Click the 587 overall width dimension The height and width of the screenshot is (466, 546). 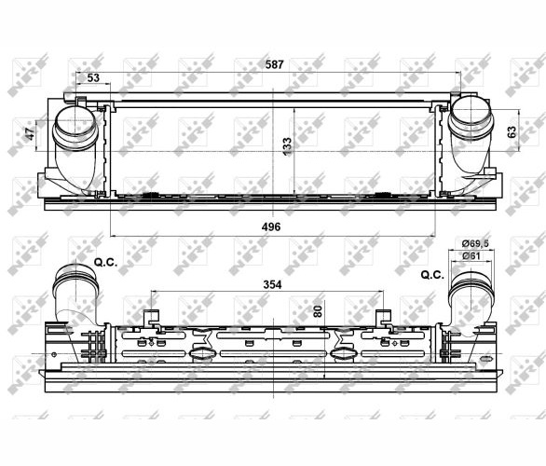(274, 65)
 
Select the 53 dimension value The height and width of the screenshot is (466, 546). (93, 77)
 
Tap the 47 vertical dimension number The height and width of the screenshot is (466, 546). (30, 133)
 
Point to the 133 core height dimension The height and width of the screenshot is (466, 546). (287, 146)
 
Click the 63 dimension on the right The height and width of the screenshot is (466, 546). (512, 132)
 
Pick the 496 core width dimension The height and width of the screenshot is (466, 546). (271, 226)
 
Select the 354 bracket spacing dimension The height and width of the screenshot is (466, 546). (272, 284)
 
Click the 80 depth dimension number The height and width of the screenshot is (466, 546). (318, 310)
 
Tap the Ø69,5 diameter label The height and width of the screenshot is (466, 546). (475, 243)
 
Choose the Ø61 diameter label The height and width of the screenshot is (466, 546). (471, 256)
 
